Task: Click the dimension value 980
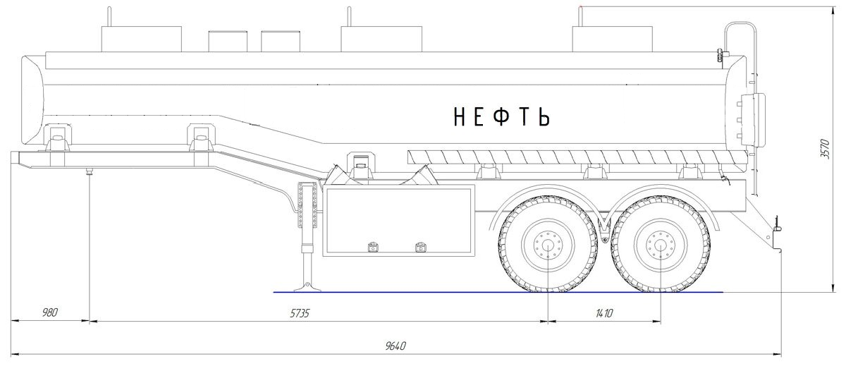(50, 312)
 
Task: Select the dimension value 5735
(300, 313)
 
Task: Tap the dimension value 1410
(604, 313)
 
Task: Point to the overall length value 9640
(396, 346)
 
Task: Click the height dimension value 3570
(825, 149)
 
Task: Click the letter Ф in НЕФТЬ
(501, 116)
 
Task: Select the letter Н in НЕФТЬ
(459, 116)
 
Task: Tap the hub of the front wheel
(548, 244)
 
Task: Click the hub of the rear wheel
(661, 244)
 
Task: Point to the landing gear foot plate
(307, 288)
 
